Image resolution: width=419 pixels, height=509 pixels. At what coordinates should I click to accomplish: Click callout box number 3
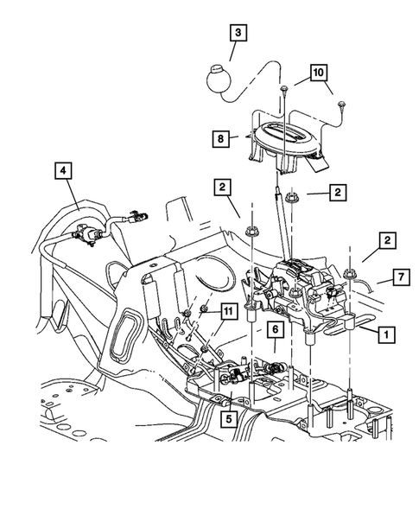click(238, 33)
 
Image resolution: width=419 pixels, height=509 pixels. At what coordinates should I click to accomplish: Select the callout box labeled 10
click(319, 73)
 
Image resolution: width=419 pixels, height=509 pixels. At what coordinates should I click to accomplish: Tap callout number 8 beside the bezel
click(220, 139)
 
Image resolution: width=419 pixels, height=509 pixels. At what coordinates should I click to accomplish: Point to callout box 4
click(63, 170)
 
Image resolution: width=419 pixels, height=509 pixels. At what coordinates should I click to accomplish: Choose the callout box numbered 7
click(401, 277)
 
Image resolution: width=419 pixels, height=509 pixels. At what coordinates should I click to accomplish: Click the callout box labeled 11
click(228, 312)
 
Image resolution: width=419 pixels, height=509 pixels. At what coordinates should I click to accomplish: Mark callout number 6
click(276, 329)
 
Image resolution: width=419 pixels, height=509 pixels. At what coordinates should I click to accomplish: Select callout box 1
click(386, 334)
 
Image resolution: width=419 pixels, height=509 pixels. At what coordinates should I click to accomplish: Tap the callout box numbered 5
click(229, 419)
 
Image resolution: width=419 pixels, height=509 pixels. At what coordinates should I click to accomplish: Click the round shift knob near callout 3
click(219, 79)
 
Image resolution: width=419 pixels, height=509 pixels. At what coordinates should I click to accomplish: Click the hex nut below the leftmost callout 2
click(251, 232)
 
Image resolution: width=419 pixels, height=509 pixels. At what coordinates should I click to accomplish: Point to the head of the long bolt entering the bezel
click(284, 89)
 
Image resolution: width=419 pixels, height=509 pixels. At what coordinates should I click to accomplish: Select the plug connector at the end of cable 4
click(136, 217)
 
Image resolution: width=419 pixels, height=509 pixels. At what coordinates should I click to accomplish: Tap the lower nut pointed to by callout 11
click(205, 349)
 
